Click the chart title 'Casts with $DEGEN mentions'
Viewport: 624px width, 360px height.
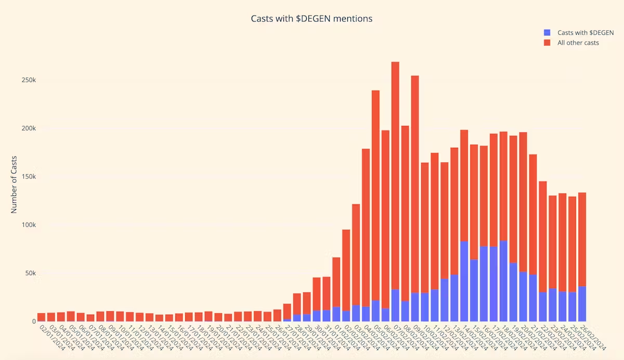(x=311, y=19)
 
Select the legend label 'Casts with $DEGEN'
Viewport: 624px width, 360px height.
(x=586, y=33)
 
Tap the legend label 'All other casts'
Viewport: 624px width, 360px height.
(x=578, y=43)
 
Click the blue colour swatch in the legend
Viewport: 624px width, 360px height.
(x=547, y=33)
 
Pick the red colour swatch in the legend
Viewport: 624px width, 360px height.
(x=547, y=43)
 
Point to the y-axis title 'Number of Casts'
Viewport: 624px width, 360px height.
(x=14, y=184)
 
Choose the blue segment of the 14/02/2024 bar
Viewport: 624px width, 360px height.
(x=464, y=281)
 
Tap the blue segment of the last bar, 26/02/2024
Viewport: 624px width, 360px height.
(x=582, y=304)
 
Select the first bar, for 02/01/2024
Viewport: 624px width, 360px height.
(x=41, y=317)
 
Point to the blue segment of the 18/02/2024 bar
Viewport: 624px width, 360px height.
(x=503, y=281)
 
